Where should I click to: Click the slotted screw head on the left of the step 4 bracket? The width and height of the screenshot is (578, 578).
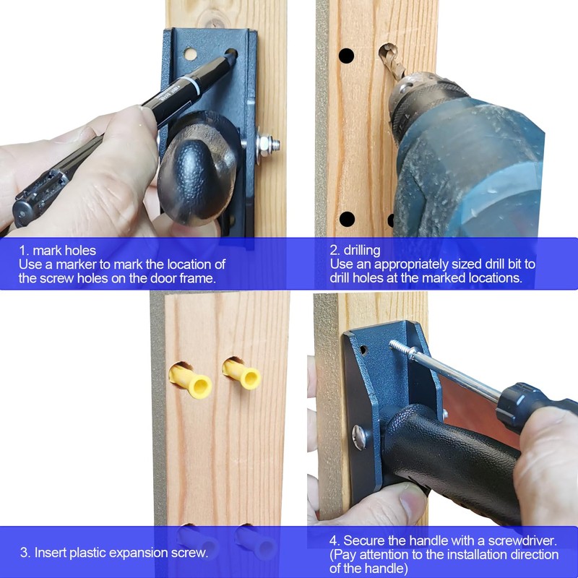click(359, 435)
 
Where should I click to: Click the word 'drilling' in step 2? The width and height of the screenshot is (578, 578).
click(366, 251)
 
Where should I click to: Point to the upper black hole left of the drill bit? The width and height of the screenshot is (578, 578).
click(347, 56)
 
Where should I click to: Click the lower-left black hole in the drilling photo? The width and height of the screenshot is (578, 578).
click(347, 218)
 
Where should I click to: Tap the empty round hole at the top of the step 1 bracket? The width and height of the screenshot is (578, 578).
click(190, 54)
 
